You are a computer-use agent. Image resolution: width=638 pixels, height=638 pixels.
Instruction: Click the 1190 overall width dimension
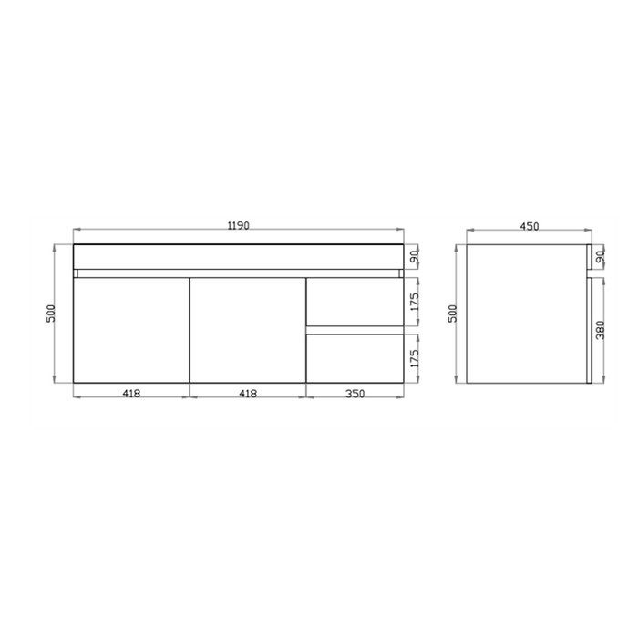pos(238,225)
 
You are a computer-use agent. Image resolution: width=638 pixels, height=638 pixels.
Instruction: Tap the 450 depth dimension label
pos(530,226)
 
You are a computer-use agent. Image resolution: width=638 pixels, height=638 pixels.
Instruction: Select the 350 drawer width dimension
pos(355,394)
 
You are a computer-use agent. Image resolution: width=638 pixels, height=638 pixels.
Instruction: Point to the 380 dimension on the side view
pos(600,330)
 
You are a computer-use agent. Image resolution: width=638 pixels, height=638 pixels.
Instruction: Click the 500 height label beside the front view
pos(51,313)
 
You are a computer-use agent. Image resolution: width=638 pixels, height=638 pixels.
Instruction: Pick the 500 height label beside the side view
pos(452,313)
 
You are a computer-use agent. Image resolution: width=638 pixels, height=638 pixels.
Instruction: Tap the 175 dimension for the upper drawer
pos(414,302)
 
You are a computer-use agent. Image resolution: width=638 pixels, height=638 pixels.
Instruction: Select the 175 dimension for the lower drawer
pos(414,358)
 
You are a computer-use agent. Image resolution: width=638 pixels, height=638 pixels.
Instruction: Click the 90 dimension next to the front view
pos(414,257)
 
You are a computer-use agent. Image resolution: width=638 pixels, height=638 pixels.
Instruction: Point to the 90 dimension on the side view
pos(601,257)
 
